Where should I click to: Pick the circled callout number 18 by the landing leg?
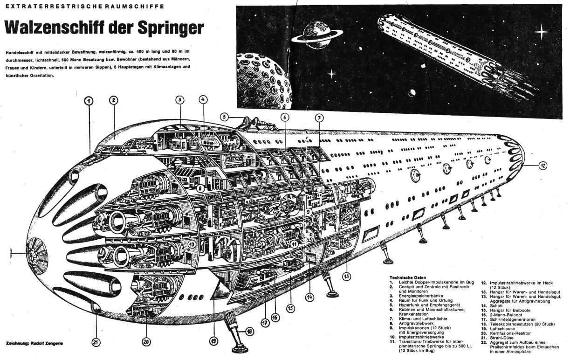pos(250,332)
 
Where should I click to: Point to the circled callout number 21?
pos(96,343)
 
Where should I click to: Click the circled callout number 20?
pos(146,342)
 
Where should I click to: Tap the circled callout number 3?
pos(180,99)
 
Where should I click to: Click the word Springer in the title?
pos(171,28)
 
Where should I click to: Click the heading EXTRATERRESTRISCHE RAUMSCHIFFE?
pos(84,7)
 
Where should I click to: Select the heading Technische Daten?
pos(407,277)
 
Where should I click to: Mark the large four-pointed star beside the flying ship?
pos(541,32)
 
